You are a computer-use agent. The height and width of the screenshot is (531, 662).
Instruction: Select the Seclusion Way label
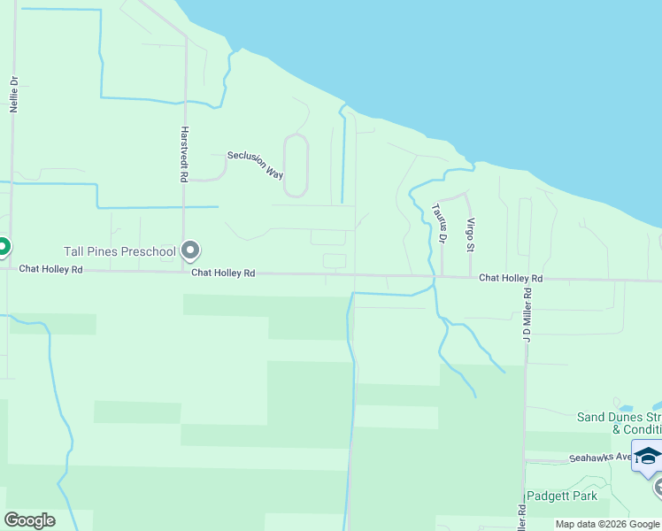[255, 164]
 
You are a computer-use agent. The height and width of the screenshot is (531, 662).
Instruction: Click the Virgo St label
[471, 234]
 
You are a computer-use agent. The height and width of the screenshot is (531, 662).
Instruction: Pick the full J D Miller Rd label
[527, 314]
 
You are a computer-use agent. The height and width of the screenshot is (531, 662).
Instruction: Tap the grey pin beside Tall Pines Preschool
[189, 250]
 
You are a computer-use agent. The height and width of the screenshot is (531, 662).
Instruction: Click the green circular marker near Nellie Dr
[2, 246]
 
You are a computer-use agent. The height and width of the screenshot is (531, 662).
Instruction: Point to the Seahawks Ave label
[599, 458]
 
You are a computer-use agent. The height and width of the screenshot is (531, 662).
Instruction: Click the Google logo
[29, 520]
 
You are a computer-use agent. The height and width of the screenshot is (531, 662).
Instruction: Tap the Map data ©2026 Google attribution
[606, 524]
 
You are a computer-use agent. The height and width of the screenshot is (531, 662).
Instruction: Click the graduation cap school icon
[647, 455]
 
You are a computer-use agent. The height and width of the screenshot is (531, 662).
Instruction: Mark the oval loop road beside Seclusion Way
[296, 165]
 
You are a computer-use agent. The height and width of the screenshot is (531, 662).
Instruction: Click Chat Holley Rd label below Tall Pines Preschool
[223, 274]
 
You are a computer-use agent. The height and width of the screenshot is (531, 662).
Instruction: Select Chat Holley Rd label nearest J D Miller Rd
[511, 279]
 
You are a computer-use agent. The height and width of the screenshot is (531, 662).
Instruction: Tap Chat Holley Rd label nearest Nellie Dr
[50, 268]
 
